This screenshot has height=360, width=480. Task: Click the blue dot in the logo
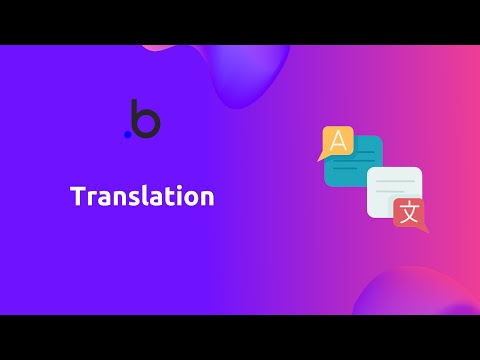(127, 134)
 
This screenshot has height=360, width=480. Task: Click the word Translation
(142, 197)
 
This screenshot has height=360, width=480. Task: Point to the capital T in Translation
(77, 197)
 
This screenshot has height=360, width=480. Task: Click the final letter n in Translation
(207, 199)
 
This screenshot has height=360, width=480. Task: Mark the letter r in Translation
(89, 199)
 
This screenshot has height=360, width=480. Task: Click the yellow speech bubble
(337, 141)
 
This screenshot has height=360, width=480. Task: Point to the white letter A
(338, 140)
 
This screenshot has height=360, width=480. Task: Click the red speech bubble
(407, 213)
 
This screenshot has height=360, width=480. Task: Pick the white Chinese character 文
(407, 213)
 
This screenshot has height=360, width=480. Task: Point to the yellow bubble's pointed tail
(321, 157)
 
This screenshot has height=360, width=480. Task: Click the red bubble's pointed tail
(424, 231)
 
